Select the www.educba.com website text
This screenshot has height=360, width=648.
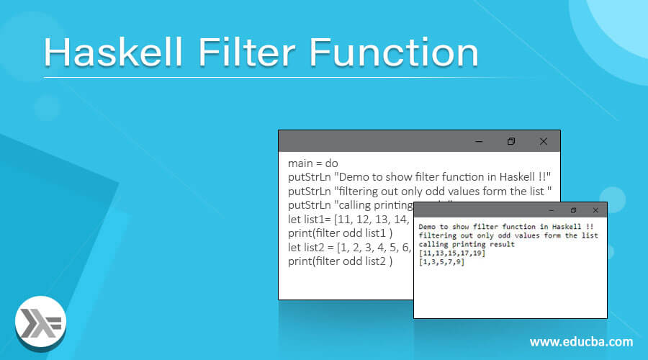click(x=582, y=341)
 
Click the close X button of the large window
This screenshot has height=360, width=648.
click(x=544, y=141)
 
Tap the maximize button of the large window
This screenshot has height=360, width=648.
click(x=511, y=141)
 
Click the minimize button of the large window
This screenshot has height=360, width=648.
click(x=478, y=141)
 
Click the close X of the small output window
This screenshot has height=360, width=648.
click(x=595, y=210)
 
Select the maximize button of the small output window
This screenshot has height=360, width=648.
click(x=573, y=210)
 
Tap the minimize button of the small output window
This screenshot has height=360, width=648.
click(x=551, y=210)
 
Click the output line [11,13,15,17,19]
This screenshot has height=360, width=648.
click(x=452, y=253)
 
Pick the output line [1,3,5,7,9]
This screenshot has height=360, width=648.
click(x=441, y=261)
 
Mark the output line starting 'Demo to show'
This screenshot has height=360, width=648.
click(x=504, y=226)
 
